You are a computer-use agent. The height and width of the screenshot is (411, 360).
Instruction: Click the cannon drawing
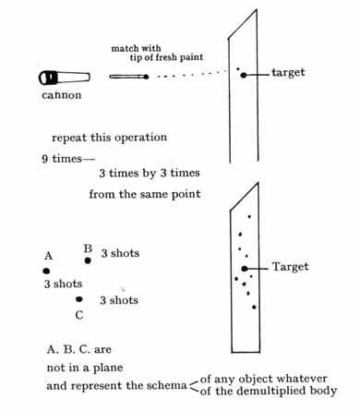[x=65, y=78]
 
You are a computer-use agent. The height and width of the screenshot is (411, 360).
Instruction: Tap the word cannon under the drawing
[x=62, y=95]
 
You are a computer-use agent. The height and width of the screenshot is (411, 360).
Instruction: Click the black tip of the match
[x=146, y=77]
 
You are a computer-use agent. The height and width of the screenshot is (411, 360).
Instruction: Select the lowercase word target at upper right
[x=288, y=72]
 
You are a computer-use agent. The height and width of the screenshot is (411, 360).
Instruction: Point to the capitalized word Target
[x=290, y=267]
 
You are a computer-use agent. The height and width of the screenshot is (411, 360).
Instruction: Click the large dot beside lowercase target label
[x=244, y=75]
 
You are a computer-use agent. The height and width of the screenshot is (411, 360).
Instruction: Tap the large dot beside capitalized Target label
[x=245, y=269]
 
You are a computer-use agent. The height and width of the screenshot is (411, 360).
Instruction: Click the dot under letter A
[x=46, y=271]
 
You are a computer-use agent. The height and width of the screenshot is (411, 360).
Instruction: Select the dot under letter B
[x=88, y=260]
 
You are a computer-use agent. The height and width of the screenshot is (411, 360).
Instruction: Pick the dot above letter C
[x=79, y=299]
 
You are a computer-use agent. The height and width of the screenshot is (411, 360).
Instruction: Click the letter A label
[x=49, y=256]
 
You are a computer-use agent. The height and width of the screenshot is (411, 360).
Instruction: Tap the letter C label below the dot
[x=79, y=315]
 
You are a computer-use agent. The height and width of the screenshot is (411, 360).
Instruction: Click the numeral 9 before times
[x=45, y=159]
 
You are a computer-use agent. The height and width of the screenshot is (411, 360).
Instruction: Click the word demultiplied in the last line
[x=269, y=391]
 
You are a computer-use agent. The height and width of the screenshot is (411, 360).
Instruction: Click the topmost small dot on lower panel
[x=249, y=217]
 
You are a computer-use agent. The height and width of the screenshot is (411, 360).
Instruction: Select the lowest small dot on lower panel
[x=254, y=307]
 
